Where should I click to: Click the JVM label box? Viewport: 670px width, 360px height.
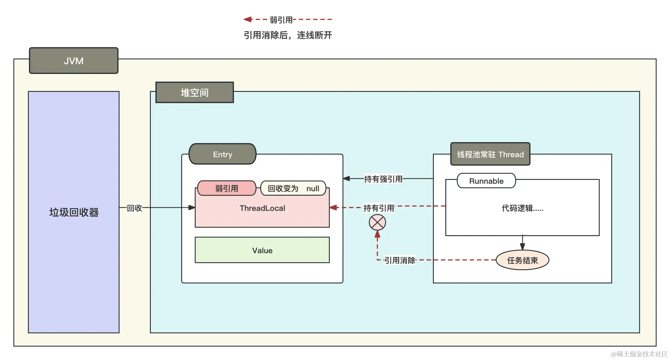tap(73, 61)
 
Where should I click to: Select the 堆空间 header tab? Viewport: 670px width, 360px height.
tap(195, 93)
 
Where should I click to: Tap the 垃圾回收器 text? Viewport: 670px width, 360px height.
tap(74, 212)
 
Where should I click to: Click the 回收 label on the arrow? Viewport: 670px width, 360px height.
tap(134, 208)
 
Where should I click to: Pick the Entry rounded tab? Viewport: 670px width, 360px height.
tap(222, 154)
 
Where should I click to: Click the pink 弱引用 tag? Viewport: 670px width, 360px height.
tap(227, 188)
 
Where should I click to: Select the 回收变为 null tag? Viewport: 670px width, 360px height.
tap(293, 188)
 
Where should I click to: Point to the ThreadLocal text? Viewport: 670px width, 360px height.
tap(262, 208)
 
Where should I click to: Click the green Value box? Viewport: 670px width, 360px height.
tap(262, 250)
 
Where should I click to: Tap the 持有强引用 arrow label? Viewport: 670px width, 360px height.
tap(383, 179)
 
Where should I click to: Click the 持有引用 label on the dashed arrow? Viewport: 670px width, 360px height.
tap(379, 208)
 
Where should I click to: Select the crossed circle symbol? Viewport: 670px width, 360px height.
tap(377, 223)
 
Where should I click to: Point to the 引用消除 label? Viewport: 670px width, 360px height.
tap(400, 260)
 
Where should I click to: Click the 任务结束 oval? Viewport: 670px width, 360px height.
tap(522, 260)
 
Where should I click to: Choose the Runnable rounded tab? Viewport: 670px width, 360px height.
tap(486, 181)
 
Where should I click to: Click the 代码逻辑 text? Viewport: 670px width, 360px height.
tap(522, 208)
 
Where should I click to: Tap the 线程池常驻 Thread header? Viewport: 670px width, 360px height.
tap(490, 154)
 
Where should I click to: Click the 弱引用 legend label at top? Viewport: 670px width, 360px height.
tap(281, 20)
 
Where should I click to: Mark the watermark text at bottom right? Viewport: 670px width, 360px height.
tap(638, 353)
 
